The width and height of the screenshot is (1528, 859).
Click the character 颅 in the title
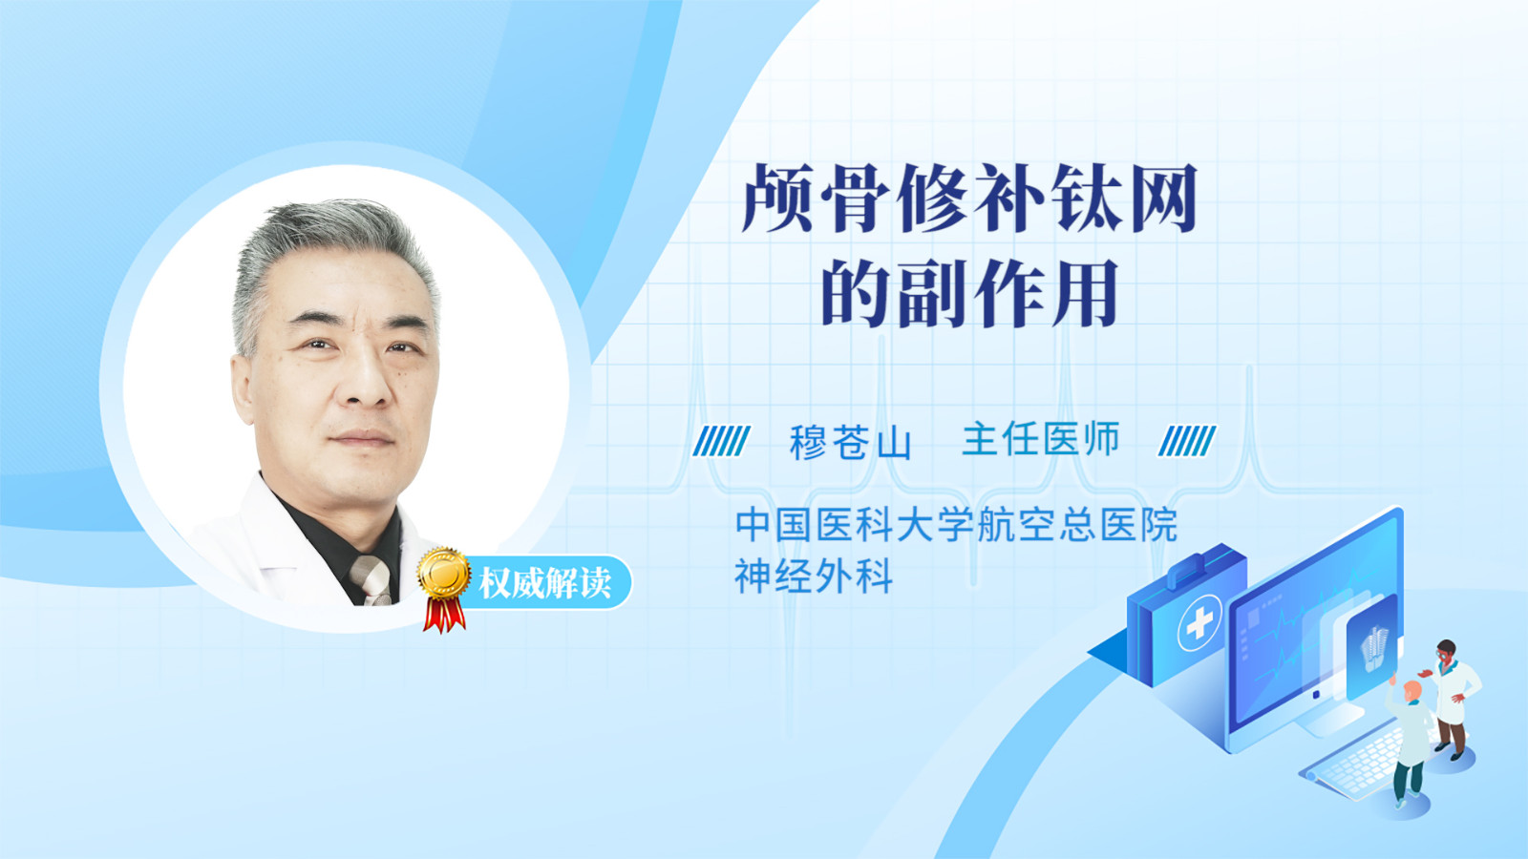tap(777, 198)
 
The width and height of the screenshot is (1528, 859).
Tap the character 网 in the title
tap(1164, 198)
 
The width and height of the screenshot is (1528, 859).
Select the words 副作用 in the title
tap(1008, 293)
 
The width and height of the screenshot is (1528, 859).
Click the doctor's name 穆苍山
tap(850, 442)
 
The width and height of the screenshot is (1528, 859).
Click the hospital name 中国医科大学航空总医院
tap(956, 524)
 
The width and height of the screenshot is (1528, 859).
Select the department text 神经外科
tap(814, 576)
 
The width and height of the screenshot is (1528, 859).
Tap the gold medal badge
tap(444, 573)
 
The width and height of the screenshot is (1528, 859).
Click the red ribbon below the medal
tap(444, 615)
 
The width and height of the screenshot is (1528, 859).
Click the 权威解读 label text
tap(544, 583)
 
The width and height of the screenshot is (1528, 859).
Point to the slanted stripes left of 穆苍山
tap(721, 440)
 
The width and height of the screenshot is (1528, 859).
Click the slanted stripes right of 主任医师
tap(1187, 440)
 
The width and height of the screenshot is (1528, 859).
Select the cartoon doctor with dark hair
tap(1451, 700)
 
